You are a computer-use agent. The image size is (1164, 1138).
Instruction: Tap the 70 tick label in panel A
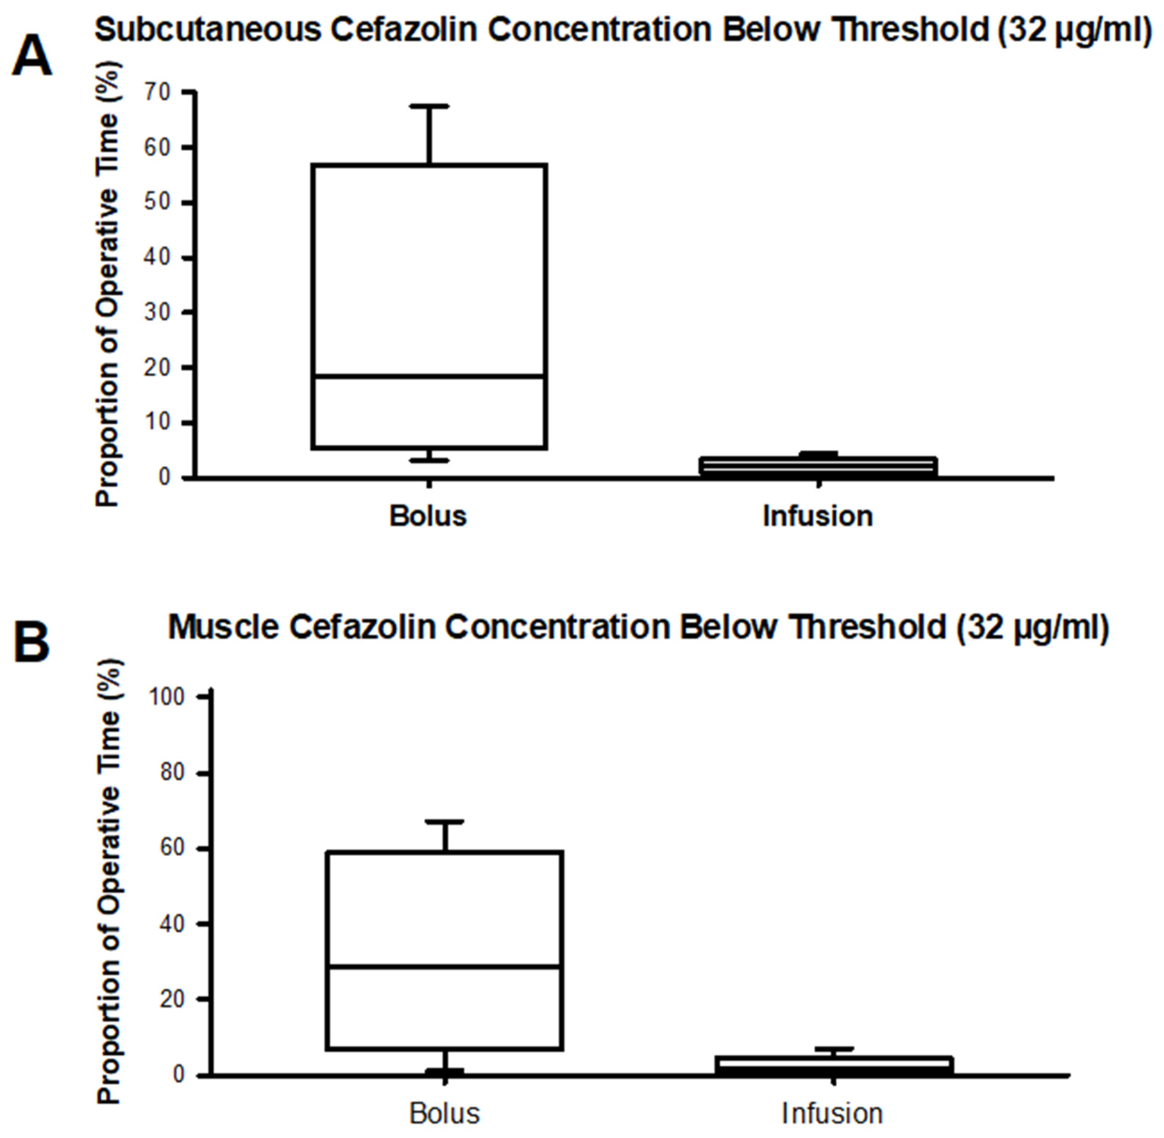(157, 92)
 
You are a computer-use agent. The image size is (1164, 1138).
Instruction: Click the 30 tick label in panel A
(157, 313)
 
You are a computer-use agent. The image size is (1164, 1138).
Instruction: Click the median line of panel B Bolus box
(445, 966)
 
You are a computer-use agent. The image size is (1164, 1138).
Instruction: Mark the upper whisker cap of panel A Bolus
(428, 106)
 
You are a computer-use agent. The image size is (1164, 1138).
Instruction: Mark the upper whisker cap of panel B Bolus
(445, 822)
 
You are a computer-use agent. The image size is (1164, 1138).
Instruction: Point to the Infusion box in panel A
(818, 467)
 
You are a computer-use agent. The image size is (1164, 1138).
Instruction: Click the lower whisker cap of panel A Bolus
(428, 460)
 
